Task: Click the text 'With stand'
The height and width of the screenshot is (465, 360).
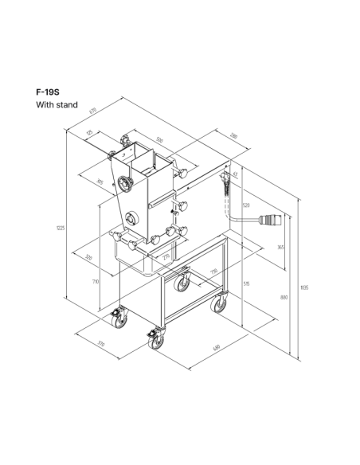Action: (x=57, y=105)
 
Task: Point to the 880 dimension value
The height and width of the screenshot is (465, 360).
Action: (x=284, y=296)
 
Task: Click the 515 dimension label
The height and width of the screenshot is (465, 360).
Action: (x=247, y=283)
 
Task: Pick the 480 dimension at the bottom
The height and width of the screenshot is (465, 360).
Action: (x=239, y=347)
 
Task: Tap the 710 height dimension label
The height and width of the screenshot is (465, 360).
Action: (x=96, y=281)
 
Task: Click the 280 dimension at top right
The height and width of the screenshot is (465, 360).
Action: (x=233, y=135)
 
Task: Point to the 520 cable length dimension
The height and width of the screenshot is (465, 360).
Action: (x=245, y=205)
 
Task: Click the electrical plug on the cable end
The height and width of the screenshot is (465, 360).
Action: (x=274, y=220)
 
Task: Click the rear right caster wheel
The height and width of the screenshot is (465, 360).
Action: (x=217, y=304)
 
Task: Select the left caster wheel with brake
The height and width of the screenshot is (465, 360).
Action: (x=119, y=318)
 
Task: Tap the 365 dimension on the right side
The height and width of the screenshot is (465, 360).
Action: (x=280, y=248)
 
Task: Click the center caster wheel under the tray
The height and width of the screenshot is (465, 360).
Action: (x=183, y=281)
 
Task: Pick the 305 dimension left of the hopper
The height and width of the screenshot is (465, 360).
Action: (x=100, y=182)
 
